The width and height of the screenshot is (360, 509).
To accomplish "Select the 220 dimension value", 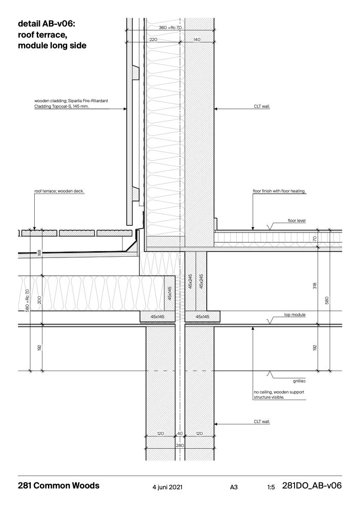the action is pos(153,39).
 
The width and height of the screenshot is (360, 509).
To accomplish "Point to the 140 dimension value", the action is pos(196,39).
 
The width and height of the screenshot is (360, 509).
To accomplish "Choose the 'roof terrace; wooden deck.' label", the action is pos(59,192).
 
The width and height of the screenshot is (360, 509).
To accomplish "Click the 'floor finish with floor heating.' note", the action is pos(279,192).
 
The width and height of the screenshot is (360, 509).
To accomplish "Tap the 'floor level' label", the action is pos(296,221).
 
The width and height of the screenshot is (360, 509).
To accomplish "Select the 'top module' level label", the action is pos(295,315).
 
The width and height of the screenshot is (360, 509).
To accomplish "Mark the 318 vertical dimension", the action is pos(315,286).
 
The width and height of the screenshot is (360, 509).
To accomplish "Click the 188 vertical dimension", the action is pos(39,253).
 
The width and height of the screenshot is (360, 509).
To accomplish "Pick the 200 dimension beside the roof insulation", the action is pos(39,299).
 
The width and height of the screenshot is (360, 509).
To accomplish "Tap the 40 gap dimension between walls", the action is pos(180,433).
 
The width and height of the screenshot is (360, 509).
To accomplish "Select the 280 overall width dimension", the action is pos(180,445).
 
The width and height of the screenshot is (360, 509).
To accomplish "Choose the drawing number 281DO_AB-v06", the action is pos(312,486).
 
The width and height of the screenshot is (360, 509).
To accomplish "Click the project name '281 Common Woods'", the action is pos(59,486).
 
